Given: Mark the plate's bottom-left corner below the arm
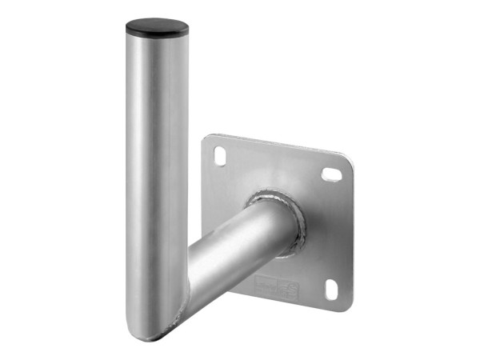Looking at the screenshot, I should pyautogui.click(x=240, y=292).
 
